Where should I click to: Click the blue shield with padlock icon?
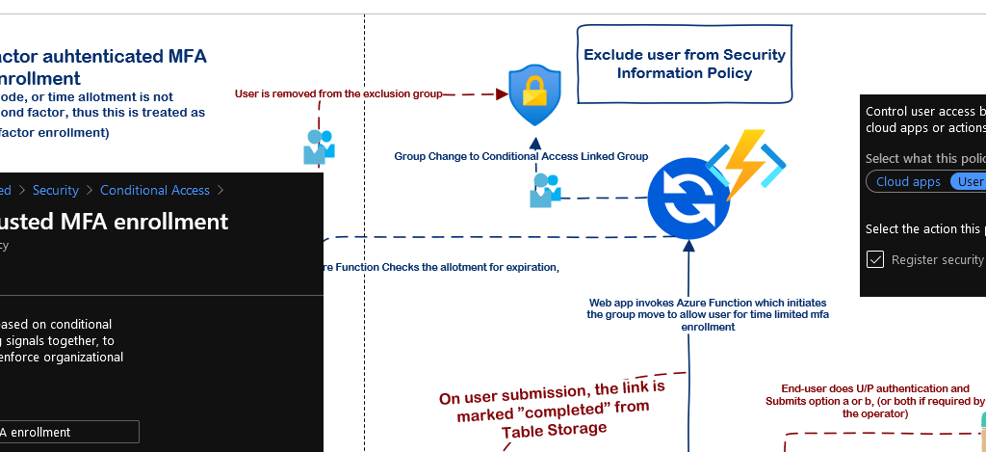(533, 95)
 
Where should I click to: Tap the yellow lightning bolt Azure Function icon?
(747, 165)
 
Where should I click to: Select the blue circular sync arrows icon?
(688, 199)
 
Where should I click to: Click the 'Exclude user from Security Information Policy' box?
(685, 64)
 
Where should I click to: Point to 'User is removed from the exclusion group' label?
(338, 93)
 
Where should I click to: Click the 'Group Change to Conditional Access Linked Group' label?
(521, 156)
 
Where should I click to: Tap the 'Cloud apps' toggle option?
(908, 181)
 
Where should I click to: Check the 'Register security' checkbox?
(875, 259)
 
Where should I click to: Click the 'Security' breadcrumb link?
(56, 190)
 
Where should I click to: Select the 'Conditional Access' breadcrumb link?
(154, 190)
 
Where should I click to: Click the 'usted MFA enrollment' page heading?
(115, 221)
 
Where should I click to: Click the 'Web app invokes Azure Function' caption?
(708, 314)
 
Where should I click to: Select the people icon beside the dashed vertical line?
(319, 146)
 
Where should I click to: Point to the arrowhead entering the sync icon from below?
(688, 245)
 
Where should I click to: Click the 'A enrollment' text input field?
(69, 432)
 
